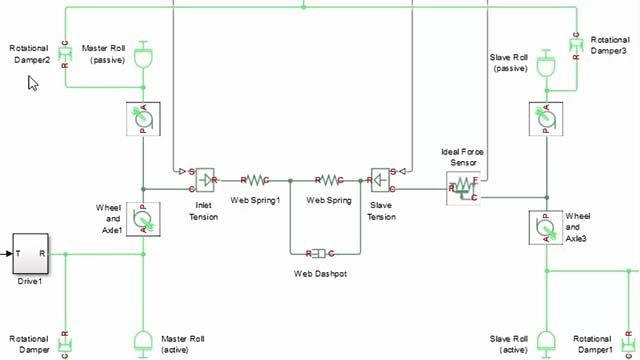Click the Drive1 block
(x=29, y=254)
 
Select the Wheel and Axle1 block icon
(x=144, y=217)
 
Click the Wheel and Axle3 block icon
(x=546, y=228)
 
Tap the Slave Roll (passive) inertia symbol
(x=546, y=66)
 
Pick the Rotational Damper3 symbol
(x=577, y=46)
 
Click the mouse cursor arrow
(x=32, y=82)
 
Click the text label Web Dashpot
(x=322, y=273)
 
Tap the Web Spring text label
(x=327, y=200)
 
